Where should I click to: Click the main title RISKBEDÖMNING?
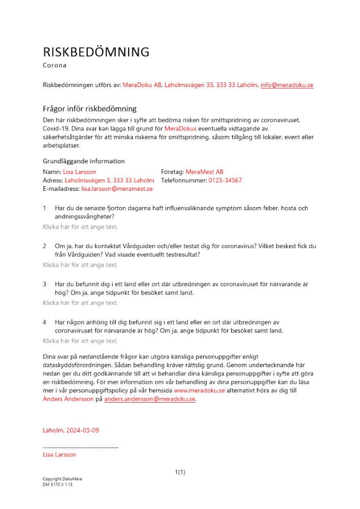[x=96, y=52]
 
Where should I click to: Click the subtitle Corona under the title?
[x=54, y=65]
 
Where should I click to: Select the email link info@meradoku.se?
[x=287, y=85]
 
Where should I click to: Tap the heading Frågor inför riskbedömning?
[x=90, y=108]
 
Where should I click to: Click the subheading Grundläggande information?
[x=84, y=161]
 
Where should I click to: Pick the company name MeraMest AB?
[x=204, y=172]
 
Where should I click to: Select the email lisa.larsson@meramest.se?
[x=117, y=189]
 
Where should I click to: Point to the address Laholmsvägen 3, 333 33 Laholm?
[x=109, y=180]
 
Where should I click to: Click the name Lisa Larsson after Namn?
[x=79, y=172]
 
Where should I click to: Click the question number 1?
[x=45, y=208]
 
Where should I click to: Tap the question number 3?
[x=45, y=284]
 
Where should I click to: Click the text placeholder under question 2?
[x=80, y=265]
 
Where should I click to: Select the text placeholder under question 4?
[x=80, y=341]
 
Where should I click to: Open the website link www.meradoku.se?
[x=199, y=390]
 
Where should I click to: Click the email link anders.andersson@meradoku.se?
[x=150, y=399]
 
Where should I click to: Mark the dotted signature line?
[x=80, y=447]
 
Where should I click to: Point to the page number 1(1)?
[x=180, y=472]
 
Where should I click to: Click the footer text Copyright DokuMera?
[x=62, y=479]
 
